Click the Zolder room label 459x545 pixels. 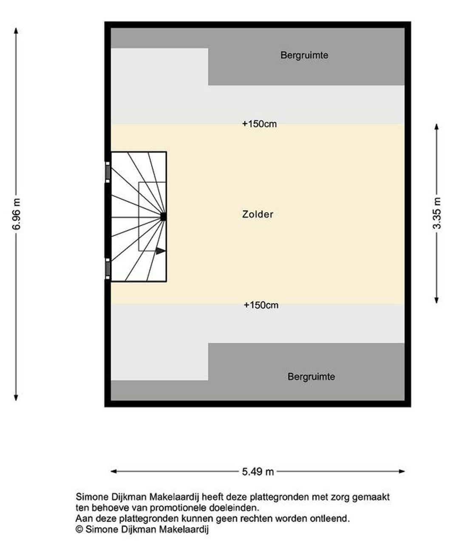coord(258,214)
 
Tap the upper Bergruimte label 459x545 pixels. coord(304,55)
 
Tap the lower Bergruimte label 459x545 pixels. coord(311,377)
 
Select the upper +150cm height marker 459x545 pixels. coord(259,124)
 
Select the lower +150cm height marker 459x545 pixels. coord(261,305)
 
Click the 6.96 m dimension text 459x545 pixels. coord(16,214)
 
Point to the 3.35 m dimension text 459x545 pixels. coord(436,213)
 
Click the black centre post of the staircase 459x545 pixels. coord(163,217)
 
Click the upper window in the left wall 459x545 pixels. coord(108,172)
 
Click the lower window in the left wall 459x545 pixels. coord(108,269)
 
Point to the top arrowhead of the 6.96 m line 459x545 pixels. coord(16,31)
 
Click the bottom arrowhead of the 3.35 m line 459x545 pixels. coord(436,300)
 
